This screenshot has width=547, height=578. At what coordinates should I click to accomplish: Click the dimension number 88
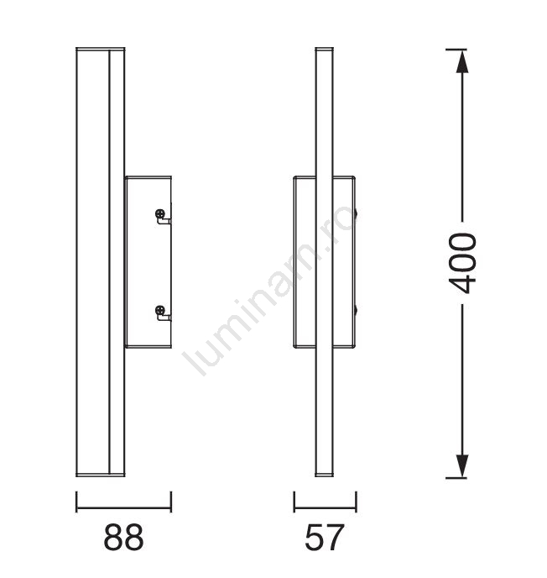[x=123, y=537]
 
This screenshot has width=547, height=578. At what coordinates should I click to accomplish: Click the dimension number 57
[x=325, y=537]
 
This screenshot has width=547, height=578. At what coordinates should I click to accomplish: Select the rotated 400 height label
[x=462, y=263]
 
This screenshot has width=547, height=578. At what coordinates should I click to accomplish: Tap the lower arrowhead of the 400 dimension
[x=462, y=466]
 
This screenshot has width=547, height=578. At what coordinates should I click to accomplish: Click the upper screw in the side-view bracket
[x=160, y=213]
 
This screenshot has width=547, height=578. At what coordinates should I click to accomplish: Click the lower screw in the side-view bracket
[x=160, y=310]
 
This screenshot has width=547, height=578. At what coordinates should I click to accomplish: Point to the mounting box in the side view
[x=148, y=262]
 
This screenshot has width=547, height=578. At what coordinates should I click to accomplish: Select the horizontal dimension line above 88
[x=123, y=508]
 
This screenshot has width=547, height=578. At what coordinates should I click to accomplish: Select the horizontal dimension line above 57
[x=325, y=508]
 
